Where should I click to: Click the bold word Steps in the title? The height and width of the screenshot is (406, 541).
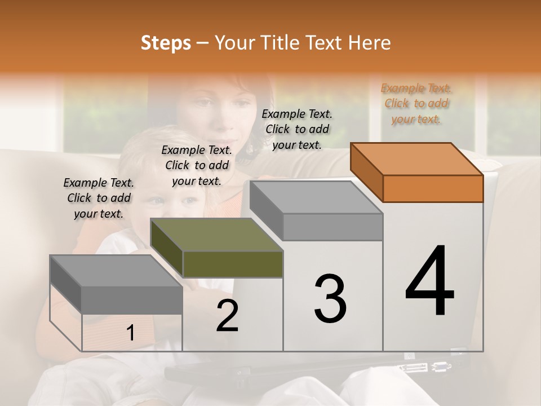pyautogui.click(x=166, y=42)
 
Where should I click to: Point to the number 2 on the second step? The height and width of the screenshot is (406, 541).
pyautogui.click(x=227, y=316)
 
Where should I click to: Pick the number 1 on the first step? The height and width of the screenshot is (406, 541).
pyautogui.click(x=130, y=333)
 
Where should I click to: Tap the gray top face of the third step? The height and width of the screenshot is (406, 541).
pyautogui.click(x=316, y=197)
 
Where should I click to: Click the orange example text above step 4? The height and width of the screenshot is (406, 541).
pyautogui.click(x=416, y=103)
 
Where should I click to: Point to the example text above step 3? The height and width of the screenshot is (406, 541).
pyautogui.click(x=297, y=129)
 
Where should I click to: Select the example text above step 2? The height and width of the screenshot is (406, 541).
pyautogui.click(x=197, y=165)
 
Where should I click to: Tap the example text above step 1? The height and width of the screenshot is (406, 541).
pyautogui.click(x=99, y=198)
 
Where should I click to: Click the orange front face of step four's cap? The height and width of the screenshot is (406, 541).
pyautogui.click(x=433, y=188)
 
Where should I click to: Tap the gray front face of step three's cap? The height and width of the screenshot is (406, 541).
pyautogui.click(x=332, y=227)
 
